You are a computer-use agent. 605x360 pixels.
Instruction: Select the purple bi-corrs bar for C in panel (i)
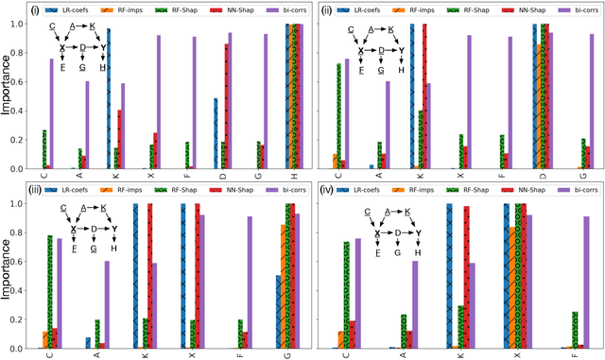click(51, 113)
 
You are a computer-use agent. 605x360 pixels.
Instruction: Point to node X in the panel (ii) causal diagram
click(360, 51)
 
